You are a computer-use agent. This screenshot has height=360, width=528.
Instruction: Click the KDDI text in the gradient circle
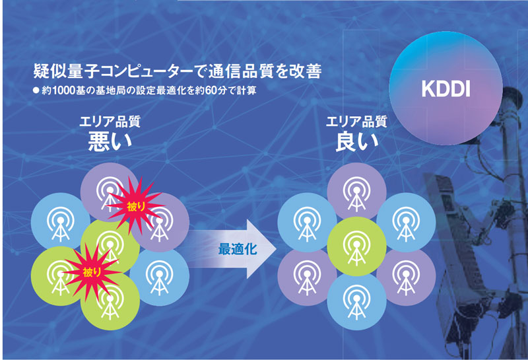click(x=445, y=89)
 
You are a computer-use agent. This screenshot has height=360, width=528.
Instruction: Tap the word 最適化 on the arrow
click(x=238, y=249)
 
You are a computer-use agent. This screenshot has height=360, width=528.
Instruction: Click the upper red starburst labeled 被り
click(x=136, y=206)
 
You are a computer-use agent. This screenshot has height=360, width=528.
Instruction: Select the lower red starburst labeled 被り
click(x=92, y=272)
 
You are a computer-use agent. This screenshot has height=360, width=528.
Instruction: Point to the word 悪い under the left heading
click(x=110, y=141)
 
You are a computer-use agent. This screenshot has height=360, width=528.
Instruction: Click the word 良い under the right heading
click(x=357, y=141)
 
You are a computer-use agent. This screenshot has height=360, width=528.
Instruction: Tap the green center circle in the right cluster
click(x=356, y=247)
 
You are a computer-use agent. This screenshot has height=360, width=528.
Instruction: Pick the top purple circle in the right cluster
click(x=356, y=192)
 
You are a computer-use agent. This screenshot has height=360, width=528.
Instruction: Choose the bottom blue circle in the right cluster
click(x=356, y=301)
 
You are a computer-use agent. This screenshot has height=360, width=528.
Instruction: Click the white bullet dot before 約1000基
click(x=36, y=90)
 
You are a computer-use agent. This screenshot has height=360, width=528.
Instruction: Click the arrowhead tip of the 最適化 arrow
click(x=277, y=249)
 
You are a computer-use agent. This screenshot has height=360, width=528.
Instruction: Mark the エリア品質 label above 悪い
click(x=110, y=122)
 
